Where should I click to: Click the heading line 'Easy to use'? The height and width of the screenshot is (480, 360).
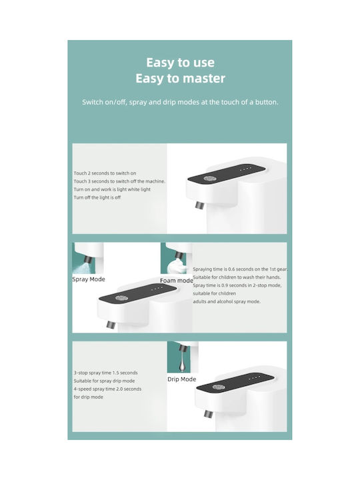click(180, 63)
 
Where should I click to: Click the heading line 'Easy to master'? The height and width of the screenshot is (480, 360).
click(180, 79)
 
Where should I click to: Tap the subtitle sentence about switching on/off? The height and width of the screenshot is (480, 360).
click(180, 102)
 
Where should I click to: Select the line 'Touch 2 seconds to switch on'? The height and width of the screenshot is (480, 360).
click(105, 173)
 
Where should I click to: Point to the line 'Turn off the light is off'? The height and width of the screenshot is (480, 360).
click(97, 197)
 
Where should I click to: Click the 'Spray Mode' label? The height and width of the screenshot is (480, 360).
click(89, 279)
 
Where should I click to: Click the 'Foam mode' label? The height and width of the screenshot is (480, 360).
click(177, 281)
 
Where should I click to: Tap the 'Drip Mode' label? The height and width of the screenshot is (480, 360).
click(181, 379)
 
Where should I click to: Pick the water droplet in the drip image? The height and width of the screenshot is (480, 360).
click(182, 363)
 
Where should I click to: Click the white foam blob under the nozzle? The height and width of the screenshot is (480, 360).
click(177, 266)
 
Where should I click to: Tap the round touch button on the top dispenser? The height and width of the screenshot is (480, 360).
click(210, 179)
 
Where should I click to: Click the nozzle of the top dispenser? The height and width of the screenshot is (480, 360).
click(199, 205)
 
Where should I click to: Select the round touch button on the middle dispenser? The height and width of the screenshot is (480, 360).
click(121, 298)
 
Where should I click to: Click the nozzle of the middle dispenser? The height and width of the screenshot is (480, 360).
click(111, 325)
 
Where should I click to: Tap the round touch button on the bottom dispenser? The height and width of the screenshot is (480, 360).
click(218, 387)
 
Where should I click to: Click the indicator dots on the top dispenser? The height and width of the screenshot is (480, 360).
click(245, 168)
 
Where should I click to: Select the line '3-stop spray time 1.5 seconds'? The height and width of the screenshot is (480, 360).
click(105, 373)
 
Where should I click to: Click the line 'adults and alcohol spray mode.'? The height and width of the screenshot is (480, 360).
click(227, 301)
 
